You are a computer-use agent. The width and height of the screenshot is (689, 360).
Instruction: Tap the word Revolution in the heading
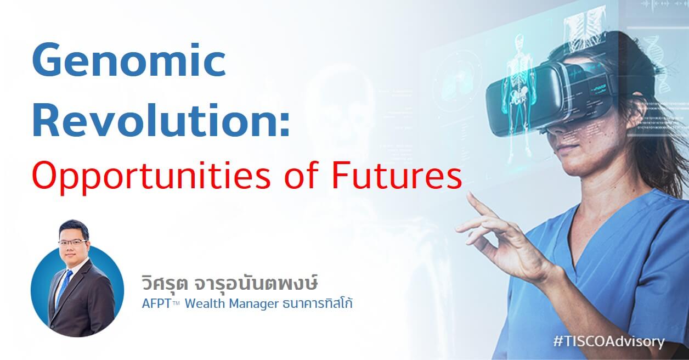pos(155,120)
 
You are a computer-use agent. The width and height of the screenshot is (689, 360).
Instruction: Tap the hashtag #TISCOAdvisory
pos(609,342)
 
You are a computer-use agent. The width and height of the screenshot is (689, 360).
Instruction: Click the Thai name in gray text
pos(229,283)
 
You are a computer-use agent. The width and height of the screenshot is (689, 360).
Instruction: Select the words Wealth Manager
pos(231,304)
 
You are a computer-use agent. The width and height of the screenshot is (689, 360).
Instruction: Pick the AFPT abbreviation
pos(157,304)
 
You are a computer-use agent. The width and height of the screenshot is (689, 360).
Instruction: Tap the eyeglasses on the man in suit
pos(72,243)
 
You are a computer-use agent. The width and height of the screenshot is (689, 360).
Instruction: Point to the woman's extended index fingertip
pos(470,194)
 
